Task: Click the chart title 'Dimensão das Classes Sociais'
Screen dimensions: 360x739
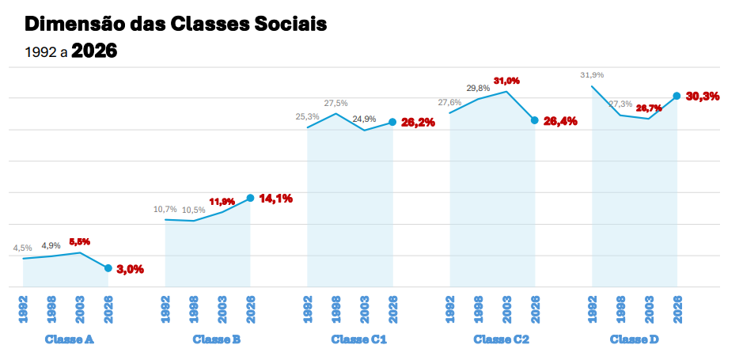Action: (176, 25)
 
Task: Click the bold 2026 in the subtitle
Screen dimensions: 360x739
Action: (94, 52)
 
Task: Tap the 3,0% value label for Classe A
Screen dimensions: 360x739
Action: (131, 269)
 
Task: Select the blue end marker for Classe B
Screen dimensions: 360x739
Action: (250, 198)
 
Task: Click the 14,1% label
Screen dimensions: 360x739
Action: (276, 199)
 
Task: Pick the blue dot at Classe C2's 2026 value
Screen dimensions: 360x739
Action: (535, 120)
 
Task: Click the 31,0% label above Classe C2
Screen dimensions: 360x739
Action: (506, 81)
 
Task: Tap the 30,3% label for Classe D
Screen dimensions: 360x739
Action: (703, 97)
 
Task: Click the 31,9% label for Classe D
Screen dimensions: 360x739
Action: (592, 75)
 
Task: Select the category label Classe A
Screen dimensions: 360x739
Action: (70, 339)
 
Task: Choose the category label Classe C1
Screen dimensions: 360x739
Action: (358, 339)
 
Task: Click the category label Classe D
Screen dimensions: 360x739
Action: (635, 339)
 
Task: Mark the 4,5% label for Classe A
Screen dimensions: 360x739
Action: (22, 248)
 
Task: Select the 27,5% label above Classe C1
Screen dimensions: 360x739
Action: (336, 103)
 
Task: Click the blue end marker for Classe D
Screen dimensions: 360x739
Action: (676, 97)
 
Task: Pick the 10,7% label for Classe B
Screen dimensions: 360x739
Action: (165, 209)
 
